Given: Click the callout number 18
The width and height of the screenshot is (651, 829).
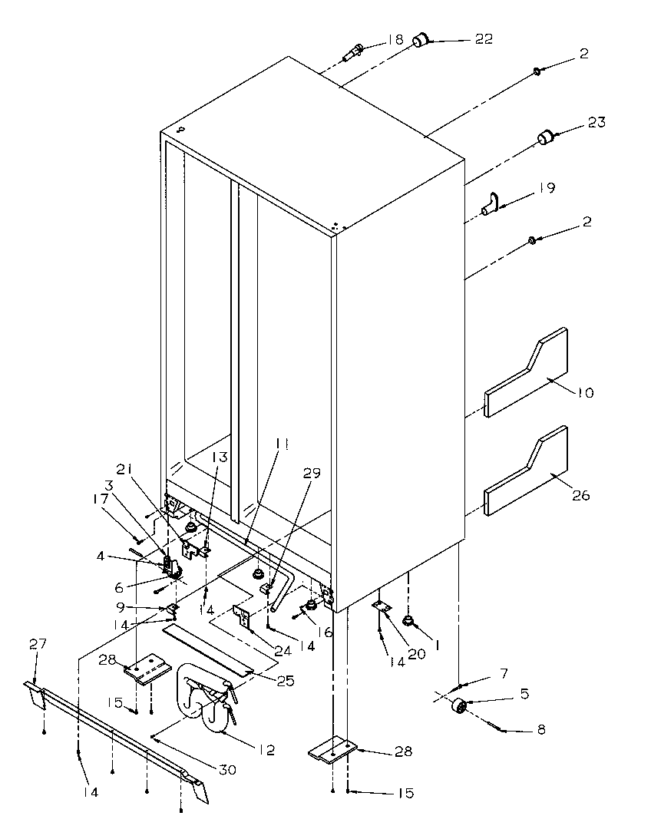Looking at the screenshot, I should tap(395, 38).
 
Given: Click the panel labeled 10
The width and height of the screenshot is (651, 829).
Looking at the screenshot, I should tap(527, 372).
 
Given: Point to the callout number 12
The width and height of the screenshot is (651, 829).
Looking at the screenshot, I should tap(266, 749).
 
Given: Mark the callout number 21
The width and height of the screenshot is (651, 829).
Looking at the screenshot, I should tap(124, 469).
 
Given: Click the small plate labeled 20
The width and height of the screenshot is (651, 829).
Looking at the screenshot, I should tap(382, 606).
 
